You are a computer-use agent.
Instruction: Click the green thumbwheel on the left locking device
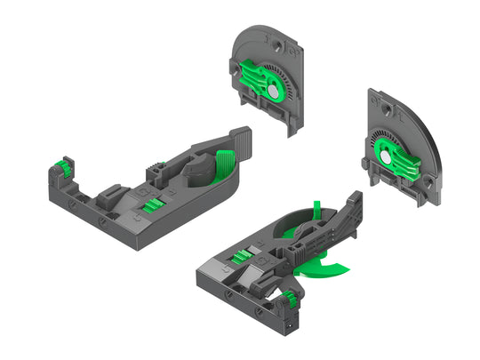tap(64, 164)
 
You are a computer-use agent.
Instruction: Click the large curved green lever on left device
tap(224, 164)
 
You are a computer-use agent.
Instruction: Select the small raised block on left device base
tap(113, 190)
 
